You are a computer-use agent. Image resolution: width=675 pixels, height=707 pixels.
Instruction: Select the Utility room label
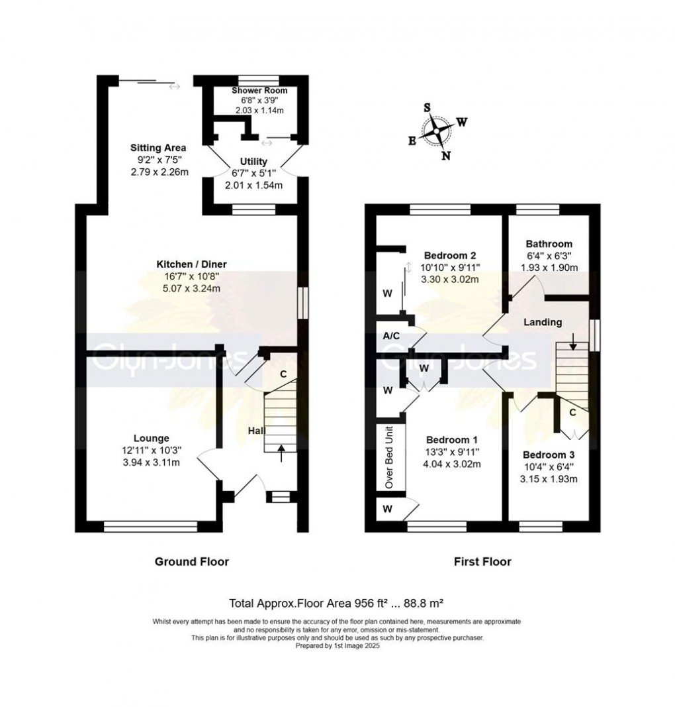253,162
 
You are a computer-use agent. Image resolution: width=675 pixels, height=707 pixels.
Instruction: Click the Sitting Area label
157,147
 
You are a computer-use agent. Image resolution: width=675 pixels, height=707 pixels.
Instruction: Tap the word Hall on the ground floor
256,431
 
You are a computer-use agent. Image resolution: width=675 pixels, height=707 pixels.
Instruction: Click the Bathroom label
549,244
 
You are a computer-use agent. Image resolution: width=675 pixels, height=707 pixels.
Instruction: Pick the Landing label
543,323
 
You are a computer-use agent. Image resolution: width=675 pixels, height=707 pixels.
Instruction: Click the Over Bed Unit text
389,458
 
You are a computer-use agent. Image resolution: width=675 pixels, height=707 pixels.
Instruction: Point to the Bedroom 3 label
549,455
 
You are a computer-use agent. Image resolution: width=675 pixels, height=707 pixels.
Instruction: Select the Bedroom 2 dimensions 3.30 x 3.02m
451,279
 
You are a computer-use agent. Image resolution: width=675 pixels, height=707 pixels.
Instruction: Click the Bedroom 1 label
452,440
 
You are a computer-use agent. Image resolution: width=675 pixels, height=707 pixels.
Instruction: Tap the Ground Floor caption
191,562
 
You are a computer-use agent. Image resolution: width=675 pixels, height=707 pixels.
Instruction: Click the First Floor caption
482,562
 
